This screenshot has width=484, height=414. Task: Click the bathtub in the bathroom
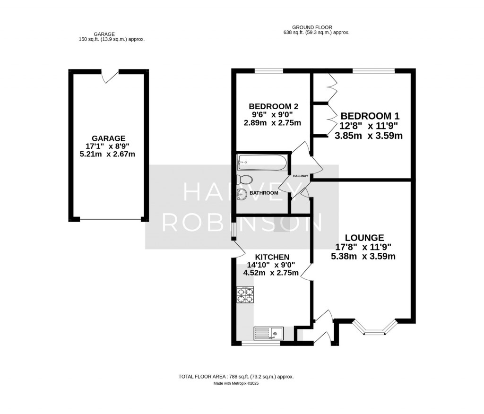tap(262, 162)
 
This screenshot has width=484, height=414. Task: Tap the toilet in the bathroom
tap(244, 180)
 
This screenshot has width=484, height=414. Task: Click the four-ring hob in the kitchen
tap(245, 294)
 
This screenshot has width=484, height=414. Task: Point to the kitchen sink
tap(268, 334)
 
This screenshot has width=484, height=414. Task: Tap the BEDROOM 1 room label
tap(366, 116)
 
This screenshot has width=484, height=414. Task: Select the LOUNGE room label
tap(364, 237)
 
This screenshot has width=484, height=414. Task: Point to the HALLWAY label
tap(301, 176)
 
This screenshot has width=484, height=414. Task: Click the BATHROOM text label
tap(264, 193)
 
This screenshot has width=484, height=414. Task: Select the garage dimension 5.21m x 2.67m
tap(109, 154)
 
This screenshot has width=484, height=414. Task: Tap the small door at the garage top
tap(111, 74)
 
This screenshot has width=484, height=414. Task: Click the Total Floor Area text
tap(236, 377)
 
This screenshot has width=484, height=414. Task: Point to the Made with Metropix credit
tap(236, 383)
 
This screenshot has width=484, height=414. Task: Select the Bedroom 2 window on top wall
tap(269, 71)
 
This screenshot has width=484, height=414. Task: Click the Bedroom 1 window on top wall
tap(373, 71)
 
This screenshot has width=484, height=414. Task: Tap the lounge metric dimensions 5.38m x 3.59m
tap(363, 257)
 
